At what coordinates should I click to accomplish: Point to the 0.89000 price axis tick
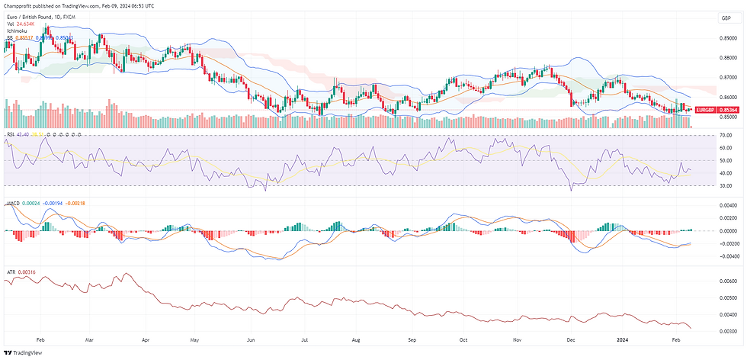tap(728, 38)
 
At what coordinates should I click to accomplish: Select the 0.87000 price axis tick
tap(728, 77)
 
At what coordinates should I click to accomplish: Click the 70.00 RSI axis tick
tap(725, 136)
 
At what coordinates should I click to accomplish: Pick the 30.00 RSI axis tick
tap(725, 185)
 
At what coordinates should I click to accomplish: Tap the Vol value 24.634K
tap(27, 24)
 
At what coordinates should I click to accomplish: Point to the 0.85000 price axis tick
tap(728, 117)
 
